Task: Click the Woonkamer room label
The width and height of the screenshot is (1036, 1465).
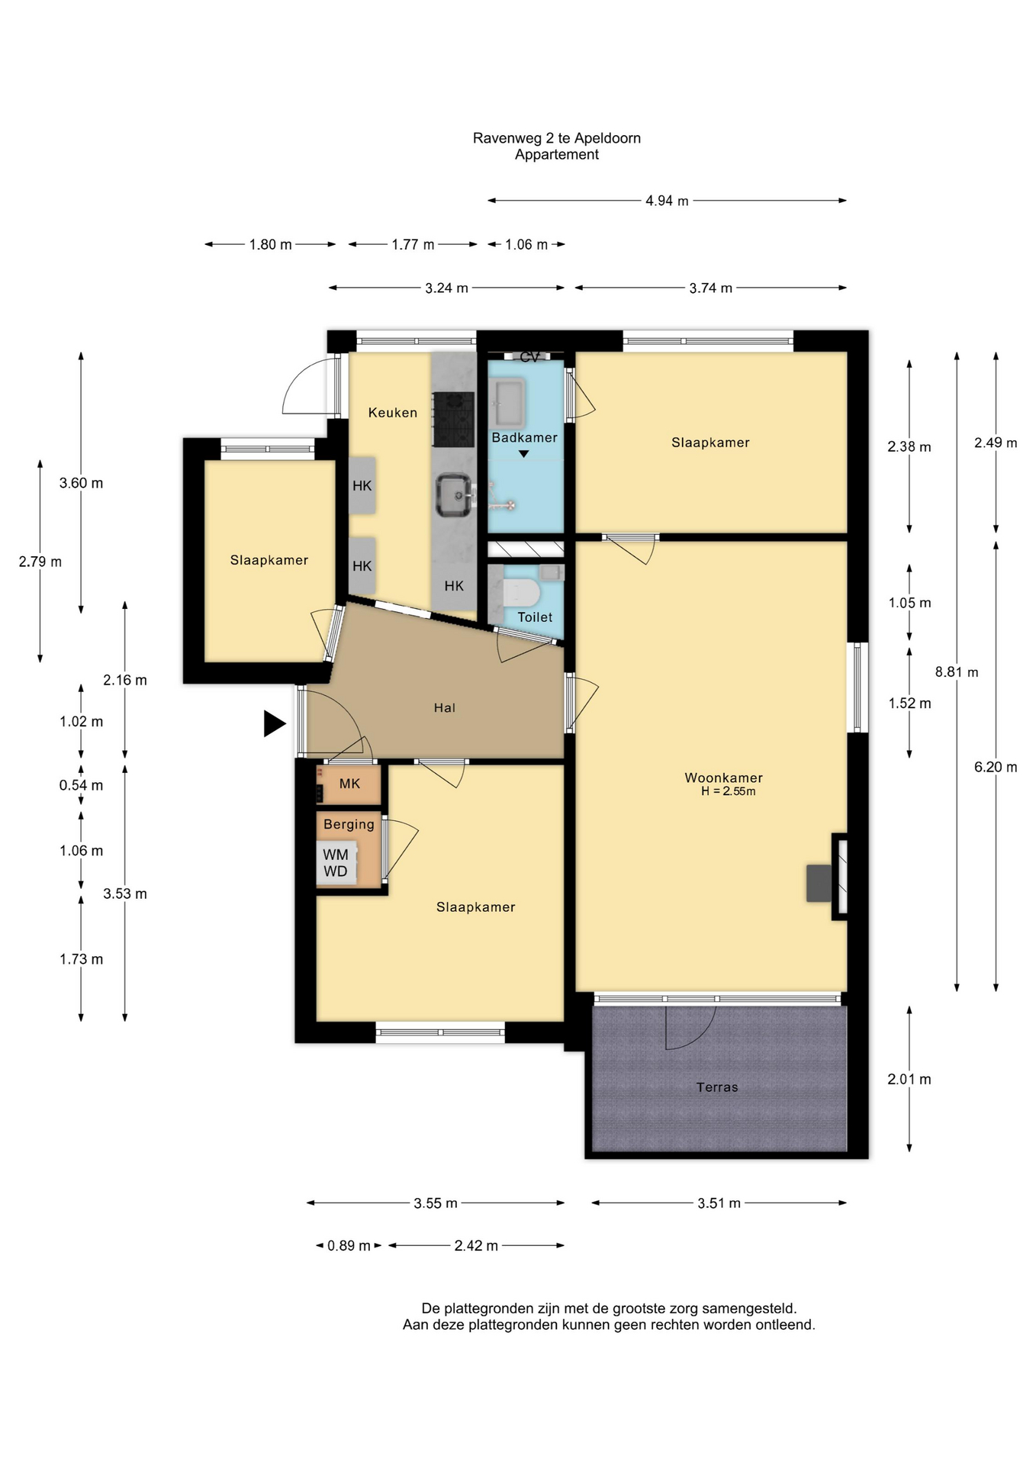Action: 723,778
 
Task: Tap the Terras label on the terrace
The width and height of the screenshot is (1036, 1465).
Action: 717,1087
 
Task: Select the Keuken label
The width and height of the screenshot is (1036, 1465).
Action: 393,413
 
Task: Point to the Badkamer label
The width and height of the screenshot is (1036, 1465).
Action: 524,437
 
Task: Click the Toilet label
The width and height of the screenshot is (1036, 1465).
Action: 535,617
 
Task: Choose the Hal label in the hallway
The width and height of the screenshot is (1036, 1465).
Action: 445,708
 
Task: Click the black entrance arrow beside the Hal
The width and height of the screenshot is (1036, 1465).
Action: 275,723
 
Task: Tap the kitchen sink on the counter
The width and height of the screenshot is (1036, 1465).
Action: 455,494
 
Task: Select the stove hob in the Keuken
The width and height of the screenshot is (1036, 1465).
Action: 454,419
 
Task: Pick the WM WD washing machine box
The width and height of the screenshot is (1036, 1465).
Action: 336,863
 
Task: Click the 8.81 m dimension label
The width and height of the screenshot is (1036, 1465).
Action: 957,672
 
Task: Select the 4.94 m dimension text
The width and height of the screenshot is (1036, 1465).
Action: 667,201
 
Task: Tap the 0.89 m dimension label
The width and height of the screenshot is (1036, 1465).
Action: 349,1246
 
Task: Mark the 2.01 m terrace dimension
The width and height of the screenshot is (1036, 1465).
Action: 909,1079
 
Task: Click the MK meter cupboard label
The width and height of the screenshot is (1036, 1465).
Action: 349,784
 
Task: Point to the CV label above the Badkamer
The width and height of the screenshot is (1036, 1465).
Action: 529,357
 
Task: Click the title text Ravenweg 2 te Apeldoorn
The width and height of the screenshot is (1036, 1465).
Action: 557,138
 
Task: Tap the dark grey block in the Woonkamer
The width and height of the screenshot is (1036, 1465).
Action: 819,884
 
